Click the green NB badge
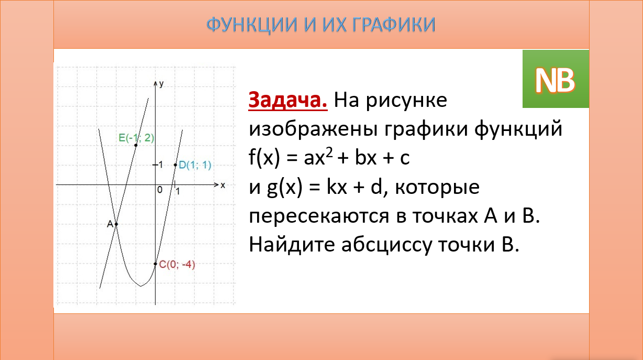coord(555,79)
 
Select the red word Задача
coord(288,100)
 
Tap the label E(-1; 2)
coord(136,138)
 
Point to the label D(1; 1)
coord(195,165)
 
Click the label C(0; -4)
coord(177,265)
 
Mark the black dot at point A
coord(116,224)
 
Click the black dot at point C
coord(156,264)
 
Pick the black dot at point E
coord(136,145)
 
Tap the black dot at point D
coord(175,165)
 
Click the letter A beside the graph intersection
coord(110,224)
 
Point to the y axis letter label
coord(162,83)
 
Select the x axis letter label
coord(223,186)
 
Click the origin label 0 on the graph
coord(160,190)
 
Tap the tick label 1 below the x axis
coord(178,192)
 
